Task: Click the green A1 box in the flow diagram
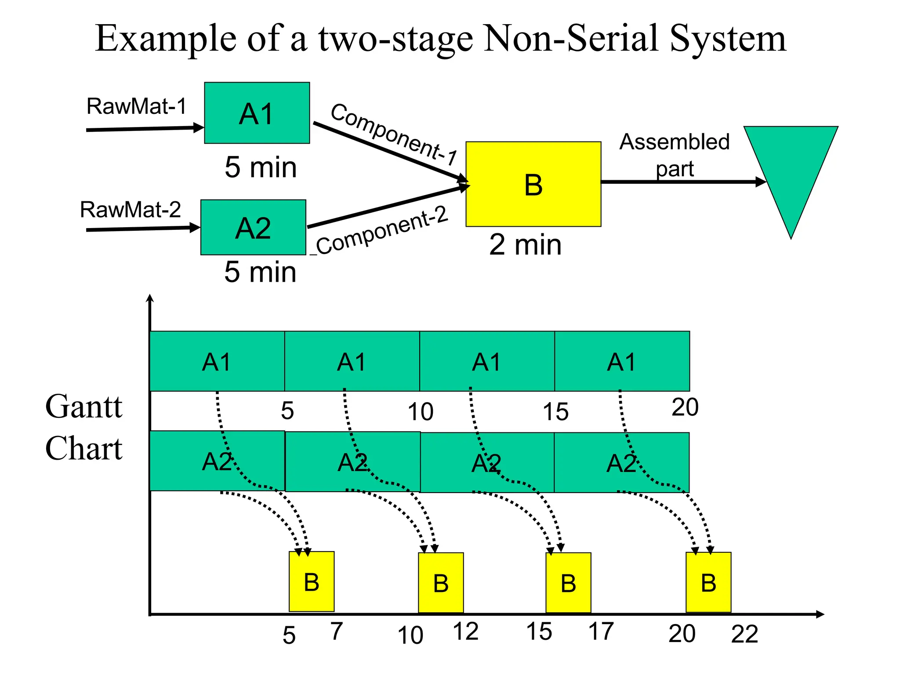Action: [257, 113]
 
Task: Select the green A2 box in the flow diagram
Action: [253, 228]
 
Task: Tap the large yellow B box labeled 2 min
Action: [533, 184]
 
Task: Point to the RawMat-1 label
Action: [136, 106]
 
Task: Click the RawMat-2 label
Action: [130, 210]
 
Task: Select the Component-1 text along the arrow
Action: [393, 134]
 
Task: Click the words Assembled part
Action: [674, 155]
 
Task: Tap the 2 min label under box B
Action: [525, 245]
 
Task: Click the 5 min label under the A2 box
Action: [260, 272]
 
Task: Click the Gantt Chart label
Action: [83, 427]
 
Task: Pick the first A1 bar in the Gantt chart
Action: [217, 361]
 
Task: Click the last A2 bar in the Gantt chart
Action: [621, 462]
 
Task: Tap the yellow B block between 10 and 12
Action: [441, 583]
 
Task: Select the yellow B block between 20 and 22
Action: [708, 582]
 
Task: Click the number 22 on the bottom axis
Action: [744, 634]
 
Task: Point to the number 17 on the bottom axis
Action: [601, 631]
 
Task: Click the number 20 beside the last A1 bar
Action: [685, 407]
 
